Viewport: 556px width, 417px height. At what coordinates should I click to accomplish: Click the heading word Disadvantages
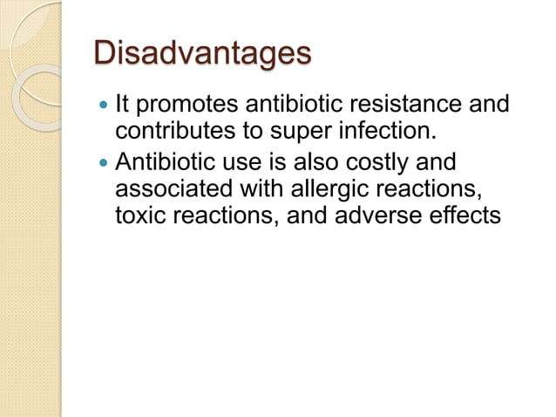pos(201,54)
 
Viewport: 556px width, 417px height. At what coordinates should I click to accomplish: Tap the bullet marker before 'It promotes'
pos(105,107)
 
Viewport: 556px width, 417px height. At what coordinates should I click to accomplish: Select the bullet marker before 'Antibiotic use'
pos(105,162)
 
